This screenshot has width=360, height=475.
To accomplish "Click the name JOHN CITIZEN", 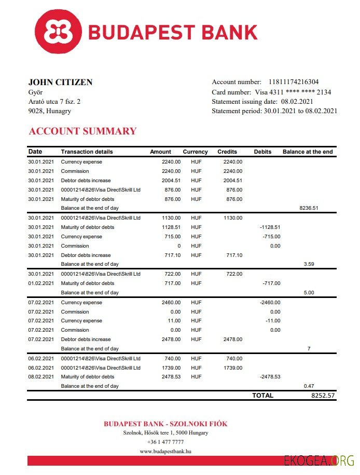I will pyautogui.click(x=60, y=82).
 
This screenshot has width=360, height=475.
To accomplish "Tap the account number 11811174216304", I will pyautogui.click(x=294, y=82).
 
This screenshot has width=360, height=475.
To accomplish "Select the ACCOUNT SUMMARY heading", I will pyautogui.click(x=82, y=131).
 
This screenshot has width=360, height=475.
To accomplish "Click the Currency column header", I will pyautogui.click(x=195, y=152).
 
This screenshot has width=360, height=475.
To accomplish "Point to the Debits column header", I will pyautogui.click(x=262, y=152).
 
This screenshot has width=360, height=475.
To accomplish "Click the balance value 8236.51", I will pyautogui.click(x=309, y=208).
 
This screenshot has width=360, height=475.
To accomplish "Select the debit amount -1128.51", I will pyautogui.click(x=270, y=227).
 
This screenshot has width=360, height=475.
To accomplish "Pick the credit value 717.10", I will pyautogui.click(x=233, y=255).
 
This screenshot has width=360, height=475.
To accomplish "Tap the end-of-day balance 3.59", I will pyautogui.click(x=309, y=264).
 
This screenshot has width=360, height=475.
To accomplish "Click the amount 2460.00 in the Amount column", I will pyautogui.click(x=172, y=303).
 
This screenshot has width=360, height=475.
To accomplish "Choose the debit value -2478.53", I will pyautogui.click(x=270, y=377).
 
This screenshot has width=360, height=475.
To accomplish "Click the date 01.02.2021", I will pyautogui.click(x=41, y=283).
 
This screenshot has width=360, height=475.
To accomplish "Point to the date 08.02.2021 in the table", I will pyautogui.click(x=41, y=377).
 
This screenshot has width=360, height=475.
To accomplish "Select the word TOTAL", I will pyautogui.click(x=262, y=396).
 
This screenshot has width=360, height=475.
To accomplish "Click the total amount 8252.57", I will pyautogui.click(x=323, y=396).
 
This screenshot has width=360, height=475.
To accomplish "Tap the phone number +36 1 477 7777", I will pyautogui.click(x=165, y=442).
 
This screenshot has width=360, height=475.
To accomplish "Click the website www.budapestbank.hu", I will pyautogui.click(x=165, y=452).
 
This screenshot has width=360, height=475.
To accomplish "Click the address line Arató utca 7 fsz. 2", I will pyautogui.click(x=54, y=102).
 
